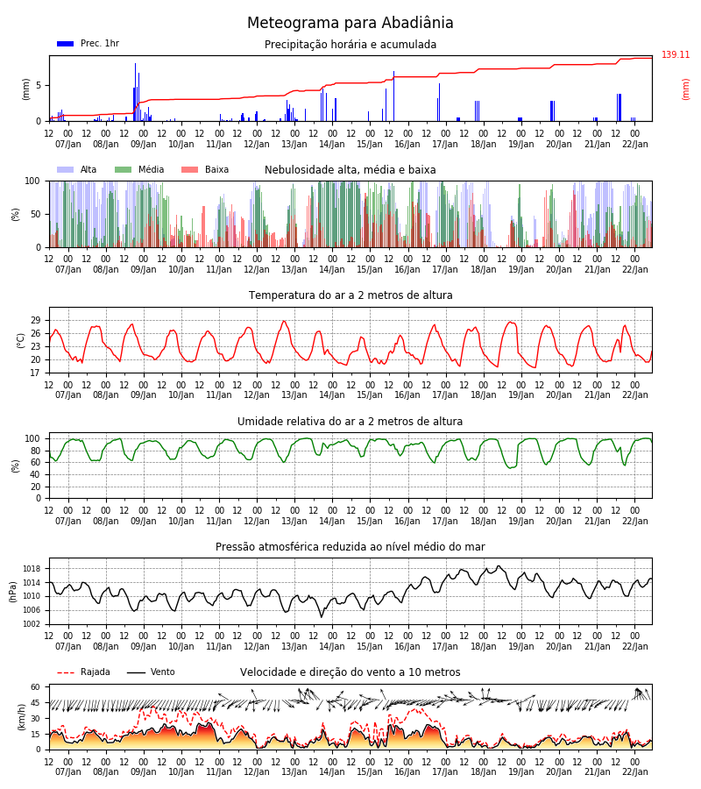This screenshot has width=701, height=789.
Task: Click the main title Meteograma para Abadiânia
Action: (x=350, y=23)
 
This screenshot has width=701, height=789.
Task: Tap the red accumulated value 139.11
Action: (x=676, y=55)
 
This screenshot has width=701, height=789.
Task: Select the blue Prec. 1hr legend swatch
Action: (x=66, y=44)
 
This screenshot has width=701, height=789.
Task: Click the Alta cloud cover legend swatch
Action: (x=66, y=170)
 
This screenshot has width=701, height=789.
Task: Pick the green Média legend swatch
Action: (x=124, y=170)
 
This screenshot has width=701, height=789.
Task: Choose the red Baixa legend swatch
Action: (x=189, y=170)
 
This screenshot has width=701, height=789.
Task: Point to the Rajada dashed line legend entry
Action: (x=66, y=672)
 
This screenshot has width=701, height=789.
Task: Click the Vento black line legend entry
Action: (x=136, y=672)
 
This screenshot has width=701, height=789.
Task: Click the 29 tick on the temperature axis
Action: (x=35, y=321)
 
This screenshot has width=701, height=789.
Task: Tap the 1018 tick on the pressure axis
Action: (x=32, y=569)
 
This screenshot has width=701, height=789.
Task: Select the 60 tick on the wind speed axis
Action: (x=35, y=686)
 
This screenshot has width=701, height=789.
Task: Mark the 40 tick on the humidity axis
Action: (x=35, y=474)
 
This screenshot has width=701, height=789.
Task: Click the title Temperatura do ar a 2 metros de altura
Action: (x=350, y=295)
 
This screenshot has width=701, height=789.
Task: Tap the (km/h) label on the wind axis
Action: (x=21, y=717)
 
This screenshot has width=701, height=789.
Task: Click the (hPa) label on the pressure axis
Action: (x=13, y=592)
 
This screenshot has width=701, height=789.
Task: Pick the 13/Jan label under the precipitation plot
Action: (x=294, y=145)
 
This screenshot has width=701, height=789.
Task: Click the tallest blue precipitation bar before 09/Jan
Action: (x=135, y=92)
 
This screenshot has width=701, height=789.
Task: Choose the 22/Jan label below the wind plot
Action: (x=635, y=772)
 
